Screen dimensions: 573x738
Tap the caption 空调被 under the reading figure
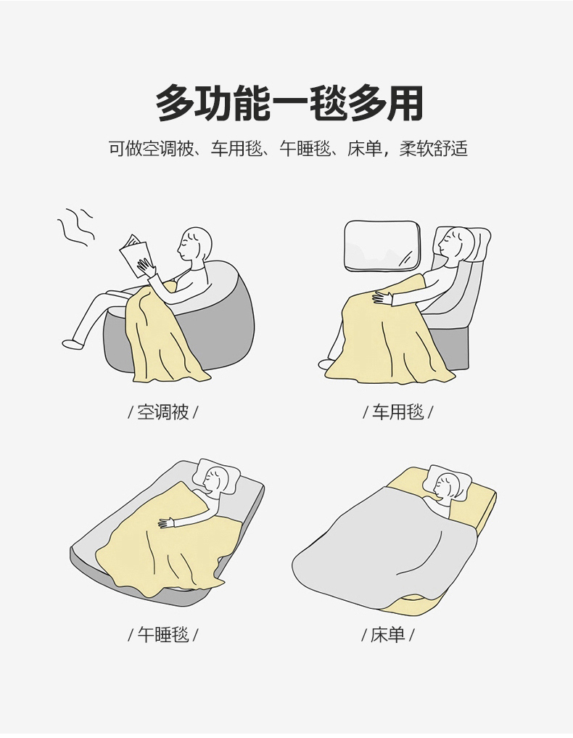tap(162, 412)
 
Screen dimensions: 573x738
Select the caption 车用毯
tap(398, 412)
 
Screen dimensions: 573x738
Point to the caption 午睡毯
tap(162, 635)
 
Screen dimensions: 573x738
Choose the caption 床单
tap(387, 635)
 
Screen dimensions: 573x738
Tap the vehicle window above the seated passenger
tap(382, 247)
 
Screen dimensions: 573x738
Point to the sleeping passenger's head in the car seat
tap(455, 245)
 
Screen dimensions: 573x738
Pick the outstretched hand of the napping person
tap(167, 522)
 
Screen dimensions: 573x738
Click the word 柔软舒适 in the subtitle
tap(433, 149)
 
